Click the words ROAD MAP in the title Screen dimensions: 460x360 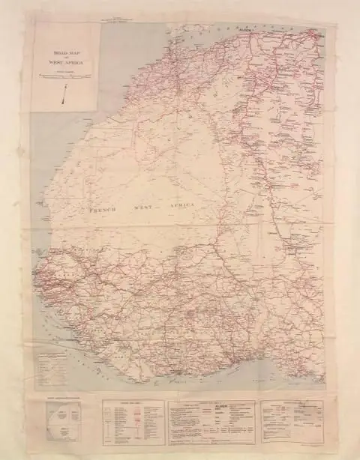tap(59, 54)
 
